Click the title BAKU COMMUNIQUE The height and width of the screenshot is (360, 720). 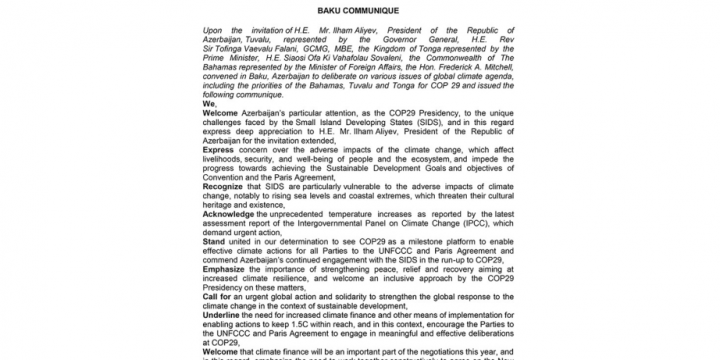tap(359, 10)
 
